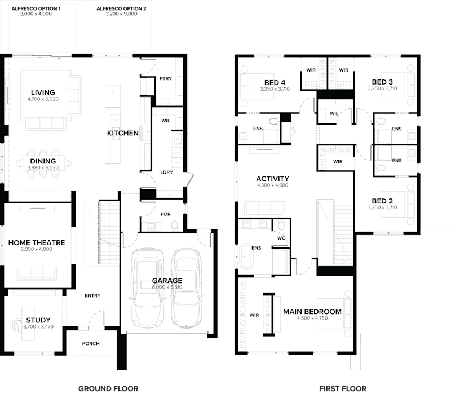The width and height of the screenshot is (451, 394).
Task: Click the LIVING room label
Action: tap(43, 92)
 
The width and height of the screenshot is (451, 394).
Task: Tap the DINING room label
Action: tap(43, 161)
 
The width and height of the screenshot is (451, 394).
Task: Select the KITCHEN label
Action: tap(123, 134)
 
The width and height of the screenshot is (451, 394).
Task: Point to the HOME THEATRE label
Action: tap(37, 243)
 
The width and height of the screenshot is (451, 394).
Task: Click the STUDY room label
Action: tap(38, 320)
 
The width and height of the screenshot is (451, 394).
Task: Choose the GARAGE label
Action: tap(167, 280)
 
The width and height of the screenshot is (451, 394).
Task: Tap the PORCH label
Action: tap(91, 343)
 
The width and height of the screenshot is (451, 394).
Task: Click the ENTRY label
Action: tap(92, 296)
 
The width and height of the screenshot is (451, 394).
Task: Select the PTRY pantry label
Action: tap(165, 78)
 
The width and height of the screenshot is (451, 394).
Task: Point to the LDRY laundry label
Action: tap(166, 172)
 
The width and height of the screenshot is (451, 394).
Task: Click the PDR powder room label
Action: tap(165, 214)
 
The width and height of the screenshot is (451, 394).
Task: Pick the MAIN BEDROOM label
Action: tap(312, 312)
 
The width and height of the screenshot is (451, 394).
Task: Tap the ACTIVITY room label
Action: tap(272, 179)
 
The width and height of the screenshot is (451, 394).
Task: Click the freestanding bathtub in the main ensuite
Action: tap(246, 257)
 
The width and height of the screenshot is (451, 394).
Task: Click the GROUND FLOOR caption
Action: tap(108, 388)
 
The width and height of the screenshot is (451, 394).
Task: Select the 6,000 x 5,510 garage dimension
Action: tap(167, 287)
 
